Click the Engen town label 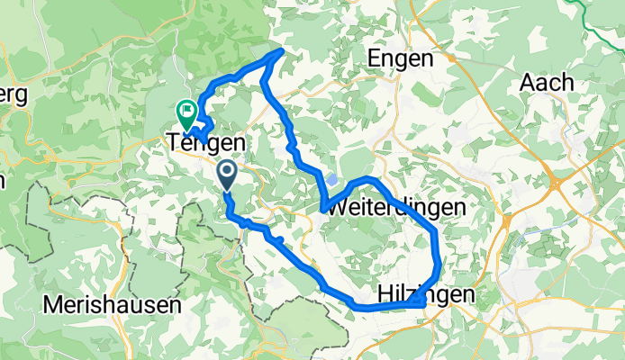401,58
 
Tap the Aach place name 548,82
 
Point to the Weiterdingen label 396,207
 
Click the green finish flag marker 187,112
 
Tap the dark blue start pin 226,173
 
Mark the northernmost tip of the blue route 283,52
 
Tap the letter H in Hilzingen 383,293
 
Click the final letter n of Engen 426,58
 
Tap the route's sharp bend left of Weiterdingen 322,210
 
